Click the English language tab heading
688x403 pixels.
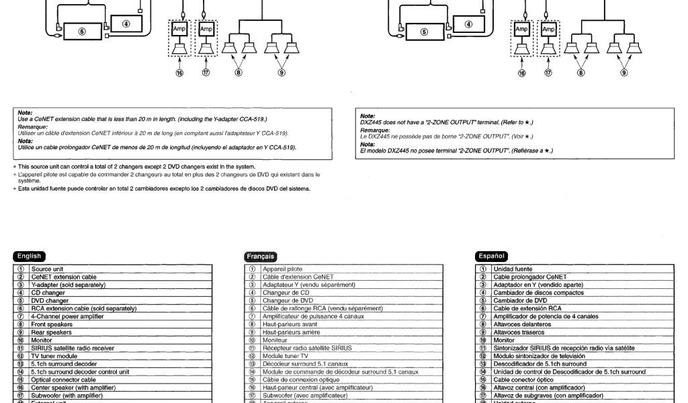click(30, 256)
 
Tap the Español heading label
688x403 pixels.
click(491, 256)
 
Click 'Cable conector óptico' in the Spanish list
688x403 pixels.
click(526, 379)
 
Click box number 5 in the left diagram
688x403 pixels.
click(81, 32)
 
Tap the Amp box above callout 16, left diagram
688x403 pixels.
click(179, 30)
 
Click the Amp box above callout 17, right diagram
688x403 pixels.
click(549, 30)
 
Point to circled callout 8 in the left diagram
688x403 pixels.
click(239, 73)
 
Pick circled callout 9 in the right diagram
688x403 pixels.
click(624, 73)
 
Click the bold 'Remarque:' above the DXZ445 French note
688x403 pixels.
click(374, 130)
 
